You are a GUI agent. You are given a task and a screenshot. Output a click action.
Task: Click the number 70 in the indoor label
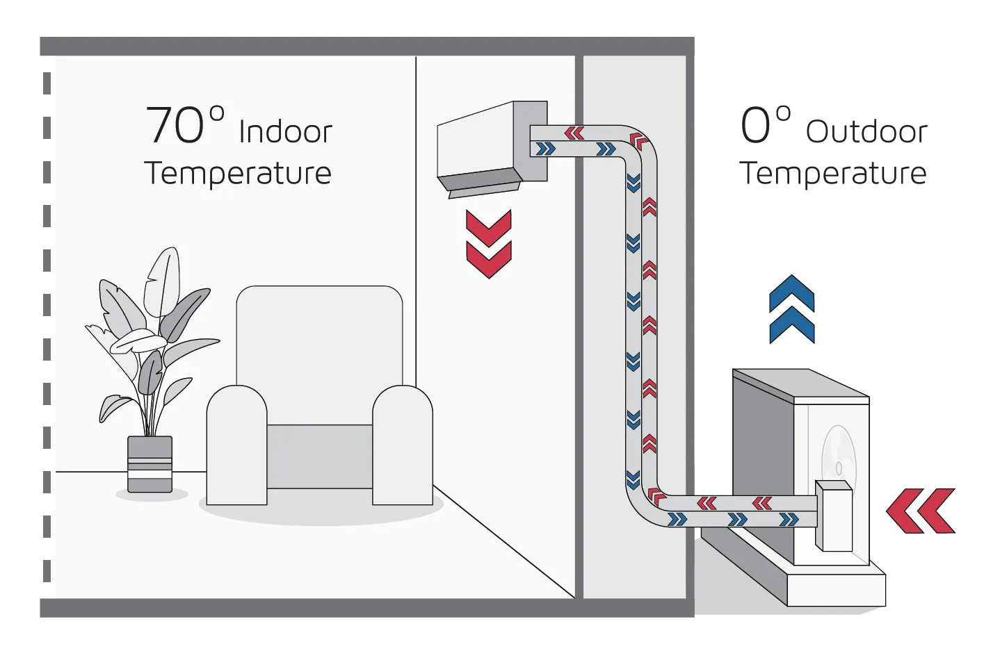pyautogui.click(x=175, y=126)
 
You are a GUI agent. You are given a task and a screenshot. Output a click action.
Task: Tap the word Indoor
pyautogui.click(x=285, y=132)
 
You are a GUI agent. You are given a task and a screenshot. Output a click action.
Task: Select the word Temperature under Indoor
pyautogui.click(x=238, y=173)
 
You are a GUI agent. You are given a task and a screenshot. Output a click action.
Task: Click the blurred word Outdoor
pyautogui.click(x=866, y=131)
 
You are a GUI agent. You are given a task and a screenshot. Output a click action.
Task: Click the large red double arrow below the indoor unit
pyautogui.click(x=488, y=244)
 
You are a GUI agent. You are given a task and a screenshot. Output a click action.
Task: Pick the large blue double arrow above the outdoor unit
pyautogui.click(x=792, y=309)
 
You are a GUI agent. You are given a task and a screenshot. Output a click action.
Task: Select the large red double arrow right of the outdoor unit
pyautogui.click(x=920, y=511)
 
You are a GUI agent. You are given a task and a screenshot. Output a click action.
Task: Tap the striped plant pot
pyautogui.click(x=150, y=464)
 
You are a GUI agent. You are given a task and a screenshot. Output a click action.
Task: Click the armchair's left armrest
pyautogui.click(x=236, y=445)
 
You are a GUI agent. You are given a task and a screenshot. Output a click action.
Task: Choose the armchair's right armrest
pyautogui.click(x=403, y=445)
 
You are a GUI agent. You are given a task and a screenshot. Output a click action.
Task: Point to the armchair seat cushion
pyautogui.click(x=320, y=455)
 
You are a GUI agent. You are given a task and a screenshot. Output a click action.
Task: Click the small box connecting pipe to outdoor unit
pyautogui.click(x=834, y=515)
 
